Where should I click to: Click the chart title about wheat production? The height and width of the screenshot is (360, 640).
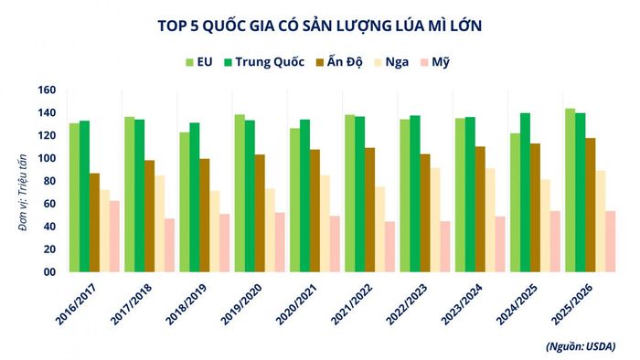click(x=320, y=26)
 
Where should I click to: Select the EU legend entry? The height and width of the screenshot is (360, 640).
click(x=199, y=62)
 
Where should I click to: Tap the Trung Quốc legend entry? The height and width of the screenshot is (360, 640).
click(x=264, y=62)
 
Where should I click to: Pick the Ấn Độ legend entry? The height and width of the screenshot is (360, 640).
click(x=339, y=62)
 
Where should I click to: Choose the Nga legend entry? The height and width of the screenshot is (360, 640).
click(x=391, y=62)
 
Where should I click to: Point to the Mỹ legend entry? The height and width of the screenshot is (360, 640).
click(x=435, y=62)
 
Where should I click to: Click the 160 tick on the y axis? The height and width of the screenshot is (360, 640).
click(x=47, y=90)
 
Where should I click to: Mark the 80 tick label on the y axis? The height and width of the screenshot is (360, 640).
click(x=49, y=181)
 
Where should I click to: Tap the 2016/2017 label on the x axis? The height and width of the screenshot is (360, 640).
click(x=76, y=304)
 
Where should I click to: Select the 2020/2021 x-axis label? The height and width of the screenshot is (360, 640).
click(x=297, y=304)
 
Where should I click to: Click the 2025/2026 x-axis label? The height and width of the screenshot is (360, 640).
click(x=572, y=304)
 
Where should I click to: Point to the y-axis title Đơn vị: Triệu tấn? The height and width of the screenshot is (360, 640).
click(x=23, y=193)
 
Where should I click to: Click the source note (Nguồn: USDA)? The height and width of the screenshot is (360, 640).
click(x=581, y=346)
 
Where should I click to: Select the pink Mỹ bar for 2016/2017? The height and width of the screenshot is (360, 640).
click(x=114, y=236)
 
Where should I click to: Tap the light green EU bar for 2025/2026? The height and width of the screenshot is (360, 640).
click(x=571, y=190)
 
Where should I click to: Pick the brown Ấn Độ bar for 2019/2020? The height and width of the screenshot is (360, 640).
click(x=260, y=213)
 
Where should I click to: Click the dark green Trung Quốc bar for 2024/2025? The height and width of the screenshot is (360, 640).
click(x=526, y=193)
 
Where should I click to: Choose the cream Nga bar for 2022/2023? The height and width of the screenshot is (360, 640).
click(x=435, y=220)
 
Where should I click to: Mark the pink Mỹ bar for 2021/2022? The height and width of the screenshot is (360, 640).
click(x=390, y=247)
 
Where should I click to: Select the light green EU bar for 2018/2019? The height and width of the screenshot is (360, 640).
click(x=185, y=202)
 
